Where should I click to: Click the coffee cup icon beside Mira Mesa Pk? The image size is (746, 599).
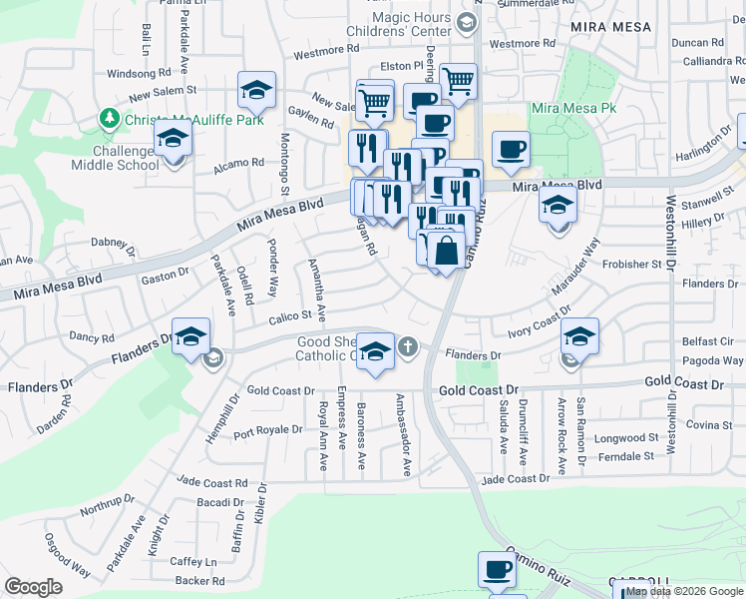click(x=511, y=150)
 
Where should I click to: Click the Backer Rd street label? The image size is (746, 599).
click(x=199, y=580)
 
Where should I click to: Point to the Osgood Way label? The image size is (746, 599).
click(x=66, y=555)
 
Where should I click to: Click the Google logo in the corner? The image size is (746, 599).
click(x=34, y=587)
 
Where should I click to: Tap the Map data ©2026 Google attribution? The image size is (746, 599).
click(x=684, y=591)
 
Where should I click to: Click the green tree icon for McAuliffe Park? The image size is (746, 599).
click(x=109, y=119)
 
